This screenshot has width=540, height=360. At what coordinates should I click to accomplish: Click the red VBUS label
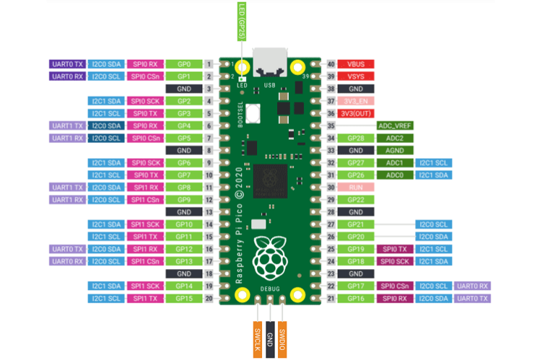click(355, 64)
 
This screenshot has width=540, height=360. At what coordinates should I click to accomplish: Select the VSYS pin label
click(355, 76)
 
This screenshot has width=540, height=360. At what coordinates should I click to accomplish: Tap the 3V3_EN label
click(355, 101)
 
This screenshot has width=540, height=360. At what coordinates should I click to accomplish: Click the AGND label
click(394, 150)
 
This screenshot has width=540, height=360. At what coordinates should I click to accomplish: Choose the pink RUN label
click(355, 187)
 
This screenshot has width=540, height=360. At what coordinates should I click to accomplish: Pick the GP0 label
click(183, 64)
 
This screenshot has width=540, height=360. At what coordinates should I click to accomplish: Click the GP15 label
click(183, 298)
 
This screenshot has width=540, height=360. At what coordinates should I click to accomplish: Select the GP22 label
click(355, 200)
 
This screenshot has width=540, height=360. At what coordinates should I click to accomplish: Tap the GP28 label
click(355, 138)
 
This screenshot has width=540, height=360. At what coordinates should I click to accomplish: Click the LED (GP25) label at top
click(241, 21)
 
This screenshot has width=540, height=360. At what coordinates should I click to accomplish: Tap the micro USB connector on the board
click(269, 63)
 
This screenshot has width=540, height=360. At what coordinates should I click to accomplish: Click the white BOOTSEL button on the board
click(253, 113)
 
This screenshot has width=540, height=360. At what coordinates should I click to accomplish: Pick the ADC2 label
click(394, 138)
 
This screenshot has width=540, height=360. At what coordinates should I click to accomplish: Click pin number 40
click(331, 64)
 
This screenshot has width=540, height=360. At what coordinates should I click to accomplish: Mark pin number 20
click(208, 298)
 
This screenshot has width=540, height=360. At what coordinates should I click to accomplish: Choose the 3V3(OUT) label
click(355, 113)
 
